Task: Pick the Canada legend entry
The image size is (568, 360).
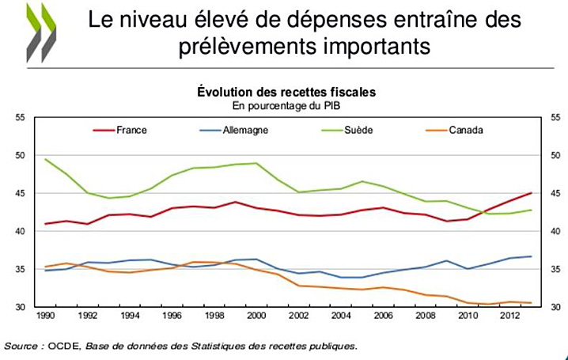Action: [464, 130]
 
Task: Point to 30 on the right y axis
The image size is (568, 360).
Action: [554, 307]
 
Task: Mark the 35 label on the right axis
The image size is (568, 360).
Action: [554, 269]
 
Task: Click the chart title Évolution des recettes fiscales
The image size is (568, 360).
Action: [286, 93]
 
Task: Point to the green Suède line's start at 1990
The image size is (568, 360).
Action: [46, 159]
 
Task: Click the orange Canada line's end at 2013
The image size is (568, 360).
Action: [530, 303]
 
